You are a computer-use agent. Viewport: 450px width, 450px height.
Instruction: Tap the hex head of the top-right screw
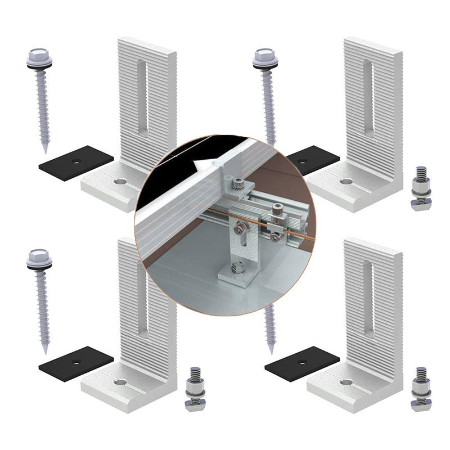coord(263,57)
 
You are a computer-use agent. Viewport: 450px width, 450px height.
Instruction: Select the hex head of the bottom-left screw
coord(39,257)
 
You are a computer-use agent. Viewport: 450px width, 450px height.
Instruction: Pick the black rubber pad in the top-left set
coord(75,163)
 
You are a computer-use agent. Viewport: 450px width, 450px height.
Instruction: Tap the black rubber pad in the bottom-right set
coord(301,363)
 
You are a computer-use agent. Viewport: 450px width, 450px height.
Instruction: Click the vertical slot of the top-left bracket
coord(142,98)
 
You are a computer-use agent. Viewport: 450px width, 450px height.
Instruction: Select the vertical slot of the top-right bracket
coord(367,98)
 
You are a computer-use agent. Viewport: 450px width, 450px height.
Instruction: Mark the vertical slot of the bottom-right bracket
coord(368,298)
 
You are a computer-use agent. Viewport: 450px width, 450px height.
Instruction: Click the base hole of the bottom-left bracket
coord(120,382)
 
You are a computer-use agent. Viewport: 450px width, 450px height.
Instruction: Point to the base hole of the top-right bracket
coord(346,182)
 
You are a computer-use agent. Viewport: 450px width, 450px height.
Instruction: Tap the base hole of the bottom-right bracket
coord(346,382)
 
